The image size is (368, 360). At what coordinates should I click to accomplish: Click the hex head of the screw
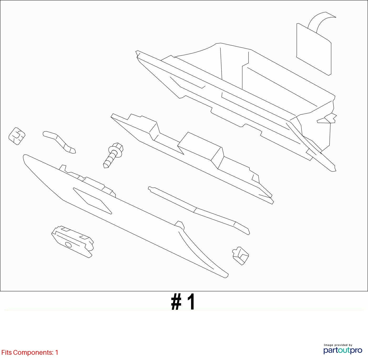click(117, 147)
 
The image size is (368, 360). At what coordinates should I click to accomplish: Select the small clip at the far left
click(17, 136)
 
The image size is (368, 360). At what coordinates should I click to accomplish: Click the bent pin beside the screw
click(60, 142)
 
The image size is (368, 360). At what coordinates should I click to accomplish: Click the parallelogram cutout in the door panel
click(92, 201)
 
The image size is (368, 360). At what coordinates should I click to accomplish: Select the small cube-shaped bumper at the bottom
click(241, 256)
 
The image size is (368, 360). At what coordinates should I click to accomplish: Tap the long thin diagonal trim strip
click(198, 210)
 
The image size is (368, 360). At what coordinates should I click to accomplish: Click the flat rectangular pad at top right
click(314, 49)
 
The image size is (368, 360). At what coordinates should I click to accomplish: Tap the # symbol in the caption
click(176, 302)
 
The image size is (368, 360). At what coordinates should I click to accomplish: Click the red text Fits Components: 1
click(30, 352)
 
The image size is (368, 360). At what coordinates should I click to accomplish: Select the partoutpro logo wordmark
click(343, 350)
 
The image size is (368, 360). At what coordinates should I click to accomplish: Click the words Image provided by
click(338, 345)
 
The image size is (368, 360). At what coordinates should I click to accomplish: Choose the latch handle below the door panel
click(73, 242)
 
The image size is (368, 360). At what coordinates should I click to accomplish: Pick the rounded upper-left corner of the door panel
click(25, 156)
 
